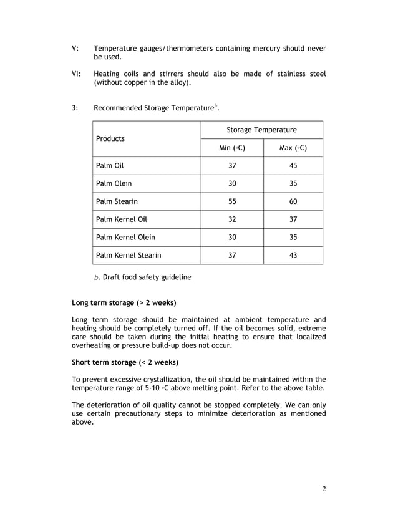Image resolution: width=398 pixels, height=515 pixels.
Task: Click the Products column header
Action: tap(110, 138)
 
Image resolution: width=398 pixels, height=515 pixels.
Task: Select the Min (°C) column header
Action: tap(232, 148)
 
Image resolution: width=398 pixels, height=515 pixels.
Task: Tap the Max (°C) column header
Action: tap(293, 148)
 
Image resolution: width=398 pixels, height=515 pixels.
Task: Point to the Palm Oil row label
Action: tap(110, 166)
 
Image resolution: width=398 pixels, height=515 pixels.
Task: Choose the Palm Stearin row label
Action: tap(117, 201)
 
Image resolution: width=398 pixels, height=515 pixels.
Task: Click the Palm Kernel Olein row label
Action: tap(125, 237)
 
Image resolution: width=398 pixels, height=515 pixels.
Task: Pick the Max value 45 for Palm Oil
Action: tap(293, 166)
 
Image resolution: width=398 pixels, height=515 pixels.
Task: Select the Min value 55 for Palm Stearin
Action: tap(232, 201)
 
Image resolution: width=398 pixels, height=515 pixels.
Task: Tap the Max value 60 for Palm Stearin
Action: tap(293, 201)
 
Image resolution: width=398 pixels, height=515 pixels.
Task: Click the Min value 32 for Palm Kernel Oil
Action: tap(232, 219)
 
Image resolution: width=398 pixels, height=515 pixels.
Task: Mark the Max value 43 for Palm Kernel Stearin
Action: tap(293, 255)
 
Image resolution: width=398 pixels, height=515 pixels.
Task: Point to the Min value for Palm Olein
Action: tap(232, 184)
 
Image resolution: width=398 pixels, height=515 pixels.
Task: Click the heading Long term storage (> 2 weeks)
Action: tap(124, 303)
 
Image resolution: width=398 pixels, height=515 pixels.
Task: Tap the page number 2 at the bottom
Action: tap(324, 488)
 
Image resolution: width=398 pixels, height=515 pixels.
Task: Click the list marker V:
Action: tap(75, 49)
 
